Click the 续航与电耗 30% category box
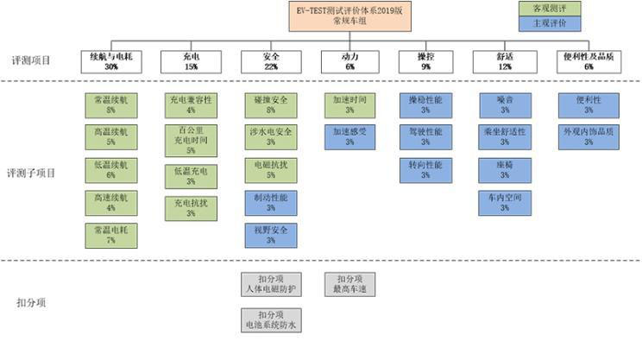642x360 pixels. coord(110,61)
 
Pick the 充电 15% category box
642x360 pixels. coord(191,61)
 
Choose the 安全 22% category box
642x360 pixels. coord(271,61)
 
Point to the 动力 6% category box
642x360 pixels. coord(349,61)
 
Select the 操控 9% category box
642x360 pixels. coord(425,61)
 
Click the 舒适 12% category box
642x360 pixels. coord(505,61)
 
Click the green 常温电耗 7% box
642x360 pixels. coord(110,236)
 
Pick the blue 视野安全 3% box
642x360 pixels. coord(271,236)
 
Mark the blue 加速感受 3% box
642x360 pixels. coord(349,137)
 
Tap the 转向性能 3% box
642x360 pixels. coord(425,170)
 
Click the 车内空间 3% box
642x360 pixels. coord(506,203)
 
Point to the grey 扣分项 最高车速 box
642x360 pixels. coord(349,284)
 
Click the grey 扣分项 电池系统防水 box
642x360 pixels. coord(271,320)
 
